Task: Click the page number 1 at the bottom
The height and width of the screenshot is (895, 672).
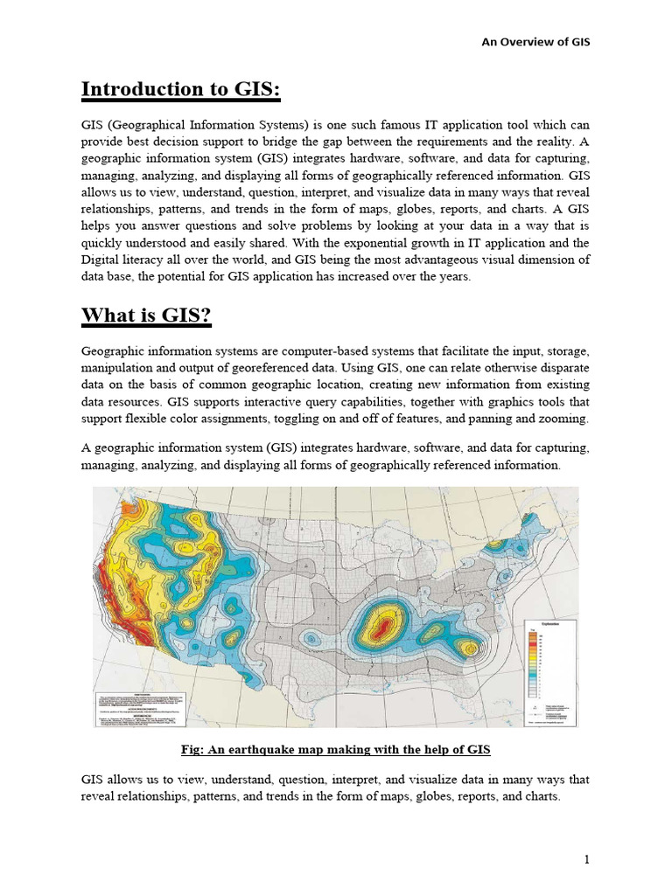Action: pyautogui.click(x=588, y=860)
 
